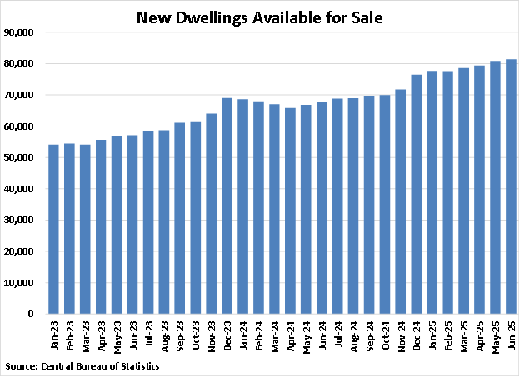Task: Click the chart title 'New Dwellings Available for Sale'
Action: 259,17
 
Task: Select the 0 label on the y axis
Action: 32,315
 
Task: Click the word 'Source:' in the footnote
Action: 22,365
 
